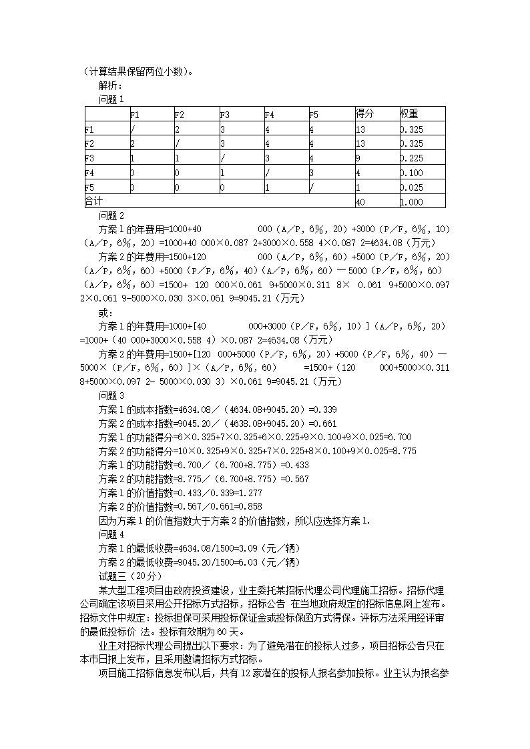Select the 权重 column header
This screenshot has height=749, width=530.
[x=409, y=113]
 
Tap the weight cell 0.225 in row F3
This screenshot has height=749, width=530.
[x=412, y=158]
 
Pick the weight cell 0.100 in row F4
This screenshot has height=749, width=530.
[x=412, y=173]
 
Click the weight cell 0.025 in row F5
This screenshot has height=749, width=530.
[x=412, y=187]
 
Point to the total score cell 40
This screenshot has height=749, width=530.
[x=360, y=201]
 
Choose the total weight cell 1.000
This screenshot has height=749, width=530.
[x=412, y=201]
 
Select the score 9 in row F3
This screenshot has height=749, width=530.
[x=358, y=158]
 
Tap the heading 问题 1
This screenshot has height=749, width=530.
[x=111, y=99]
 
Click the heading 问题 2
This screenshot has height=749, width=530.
[x=111, y=215]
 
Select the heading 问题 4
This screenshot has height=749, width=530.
[x=111, y=534]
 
